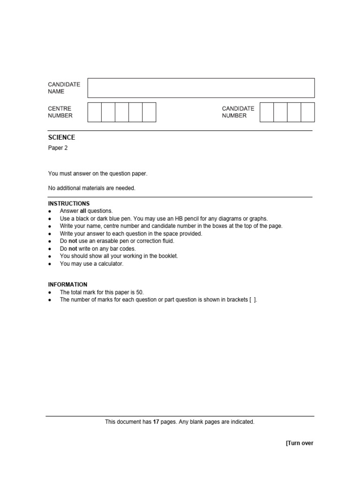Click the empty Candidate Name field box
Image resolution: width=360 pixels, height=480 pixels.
click(x=201, y=88)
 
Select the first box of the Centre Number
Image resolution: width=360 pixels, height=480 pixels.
click(x=95, y=112)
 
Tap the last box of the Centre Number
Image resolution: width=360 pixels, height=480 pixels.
click(x=149, y=112)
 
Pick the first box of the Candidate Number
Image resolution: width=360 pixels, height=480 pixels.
click(x=266, y=112)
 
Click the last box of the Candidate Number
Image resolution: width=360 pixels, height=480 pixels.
click(x=307, y=112)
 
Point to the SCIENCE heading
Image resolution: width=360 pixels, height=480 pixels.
click(x=61, y=138)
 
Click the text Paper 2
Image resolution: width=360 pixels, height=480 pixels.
click(x=58, y=148)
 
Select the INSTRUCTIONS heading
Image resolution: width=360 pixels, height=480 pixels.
click(x=69, y=204)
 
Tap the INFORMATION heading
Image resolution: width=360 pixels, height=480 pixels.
click(x=67, y=285)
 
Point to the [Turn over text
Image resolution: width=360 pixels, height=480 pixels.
click(x=300, y=443)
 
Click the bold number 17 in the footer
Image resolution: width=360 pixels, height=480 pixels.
click(x=157, y=422)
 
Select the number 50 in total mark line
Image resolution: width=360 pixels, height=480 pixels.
click(x=140, y=292)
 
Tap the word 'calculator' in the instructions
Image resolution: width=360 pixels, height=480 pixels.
click(x=110, y=264)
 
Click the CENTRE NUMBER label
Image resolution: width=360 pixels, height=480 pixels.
click(x=60, y=112)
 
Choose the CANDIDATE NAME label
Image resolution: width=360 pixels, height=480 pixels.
click(x=64, y=88)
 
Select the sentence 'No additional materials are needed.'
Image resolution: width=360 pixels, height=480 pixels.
click(x=91, y=188)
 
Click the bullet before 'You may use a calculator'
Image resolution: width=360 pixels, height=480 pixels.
click(x=50, y=264)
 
